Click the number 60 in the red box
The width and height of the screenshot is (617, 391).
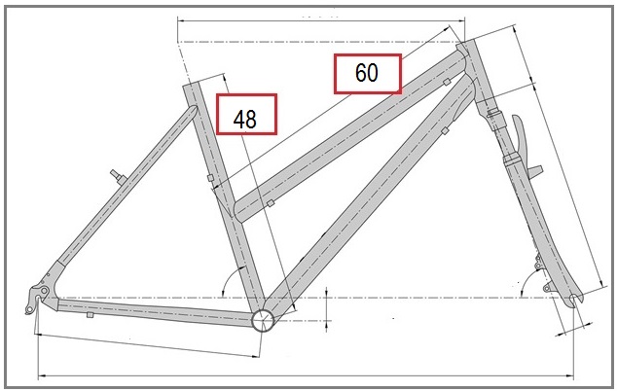click(x=367, y=73)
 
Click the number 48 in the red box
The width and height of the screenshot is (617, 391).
click(x=244, y=120)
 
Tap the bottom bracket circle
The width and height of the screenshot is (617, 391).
click(x=263, y=320)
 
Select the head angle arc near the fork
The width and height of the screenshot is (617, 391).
click(x=526, y=280)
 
